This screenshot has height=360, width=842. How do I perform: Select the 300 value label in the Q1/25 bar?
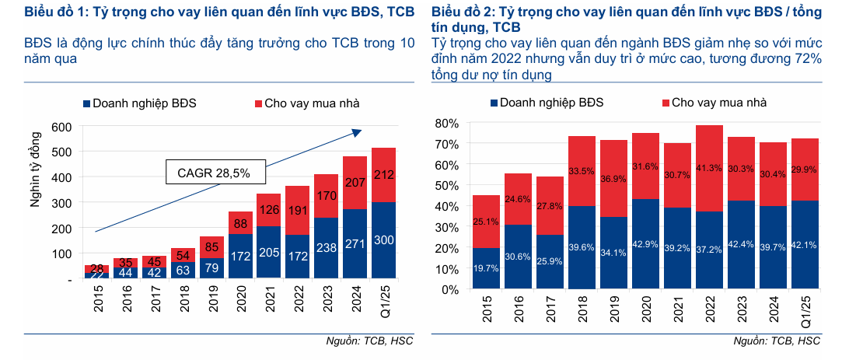coord(383,241)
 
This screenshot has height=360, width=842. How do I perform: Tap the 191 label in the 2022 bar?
coord(296,210)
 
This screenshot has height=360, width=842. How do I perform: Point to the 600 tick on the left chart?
coord(62,127)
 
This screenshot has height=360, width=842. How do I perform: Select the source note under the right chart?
coord(777,341)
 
